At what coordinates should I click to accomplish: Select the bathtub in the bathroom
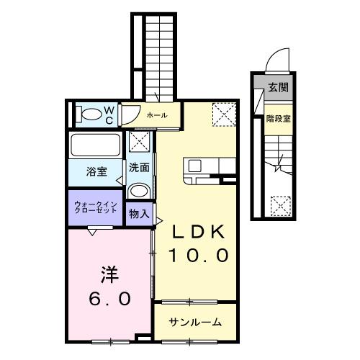96,145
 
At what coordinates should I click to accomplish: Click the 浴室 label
96,171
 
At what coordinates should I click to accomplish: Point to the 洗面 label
139,168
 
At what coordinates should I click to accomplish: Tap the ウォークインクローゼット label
95,209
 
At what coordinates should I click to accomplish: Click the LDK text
198,233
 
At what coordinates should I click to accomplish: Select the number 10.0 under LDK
198,254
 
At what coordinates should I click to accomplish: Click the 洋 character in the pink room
109,275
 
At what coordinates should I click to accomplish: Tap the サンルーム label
195,322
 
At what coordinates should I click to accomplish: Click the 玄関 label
278,88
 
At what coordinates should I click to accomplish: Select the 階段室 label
278,119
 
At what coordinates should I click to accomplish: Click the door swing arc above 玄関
276,60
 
